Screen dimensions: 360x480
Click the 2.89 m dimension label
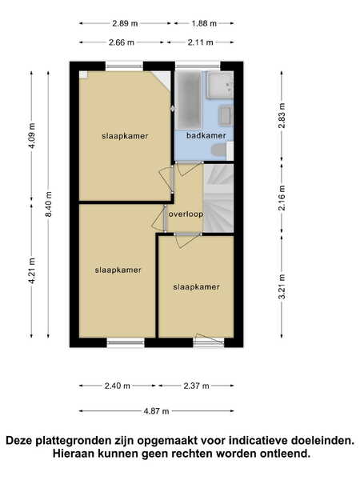click(125, 23)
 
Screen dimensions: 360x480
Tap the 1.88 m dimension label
click(204, 23)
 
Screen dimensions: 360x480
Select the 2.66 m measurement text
click(122, 42)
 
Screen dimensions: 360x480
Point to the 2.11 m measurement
click(200, 42)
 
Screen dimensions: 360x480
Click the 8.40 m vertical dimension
click(48, 204)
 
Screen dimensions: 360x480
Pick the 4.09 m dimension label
click(31, 136)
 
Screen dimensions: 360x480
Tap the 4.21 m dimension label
click(31, 270)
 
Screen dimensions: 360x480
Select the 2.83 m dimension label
click(282, 115)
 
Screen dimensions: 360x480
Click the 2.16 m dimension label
click(282, 198)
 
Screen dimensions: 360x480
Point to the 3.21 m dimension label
click(282, 286)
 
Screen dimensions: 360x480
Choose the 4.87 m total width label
click(157, 411)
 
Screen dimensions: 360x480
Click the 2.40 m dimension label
click(118, 386)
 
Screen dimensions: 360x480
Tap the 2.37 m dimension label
click(196, 386)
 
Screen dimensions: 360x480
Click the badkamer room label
click(206, 136)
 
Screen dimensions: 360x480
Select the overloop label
click(186, 214)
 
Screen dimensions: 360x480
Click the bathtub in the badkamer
click(189, 99)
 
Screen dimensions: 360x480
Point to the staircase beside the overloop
click(218, 198)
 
